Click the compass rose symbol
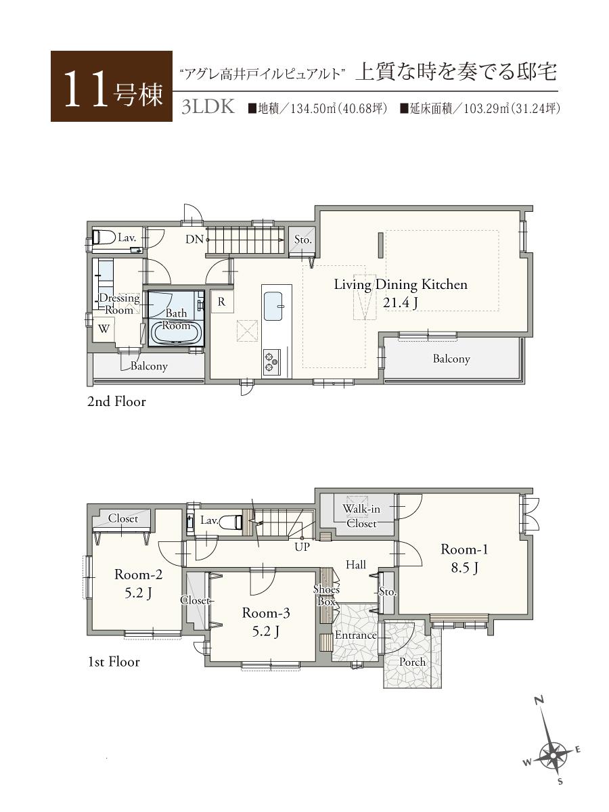pyautogui.click(x=554, y=752)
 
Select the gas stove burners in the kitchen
pyautogui.click(x=271, y=361)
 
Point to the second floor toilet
pyautogui.click(x=105, y=238)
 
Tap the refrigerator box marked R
pyautogui.click(x=221, y=302)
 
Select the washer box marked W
pyautogui.click(x=104, y=330)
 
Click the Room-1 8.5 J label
pyautogui.click(x=464, y=558)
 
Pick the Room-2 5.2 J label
pyautogui.click(x=138, y=583)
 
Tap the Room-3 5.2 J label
pyautogui.click(x=266, y=622)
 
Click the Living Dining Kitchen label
pyautogui.click(x=401, y=292)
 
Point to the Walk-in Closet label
pyautogui.click(x=361, y=516)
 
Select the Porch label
pyautogui.click(x=412, y=661)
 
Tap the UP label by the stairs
pyautogui.click(x=302, y=547)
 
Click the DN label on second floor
pyautogui.click(x=194, y=239)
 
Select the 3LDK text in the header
pyautogui.click(x=208, y=108)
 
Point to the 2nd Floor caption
pyautogui.click(x=116, y=401)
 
